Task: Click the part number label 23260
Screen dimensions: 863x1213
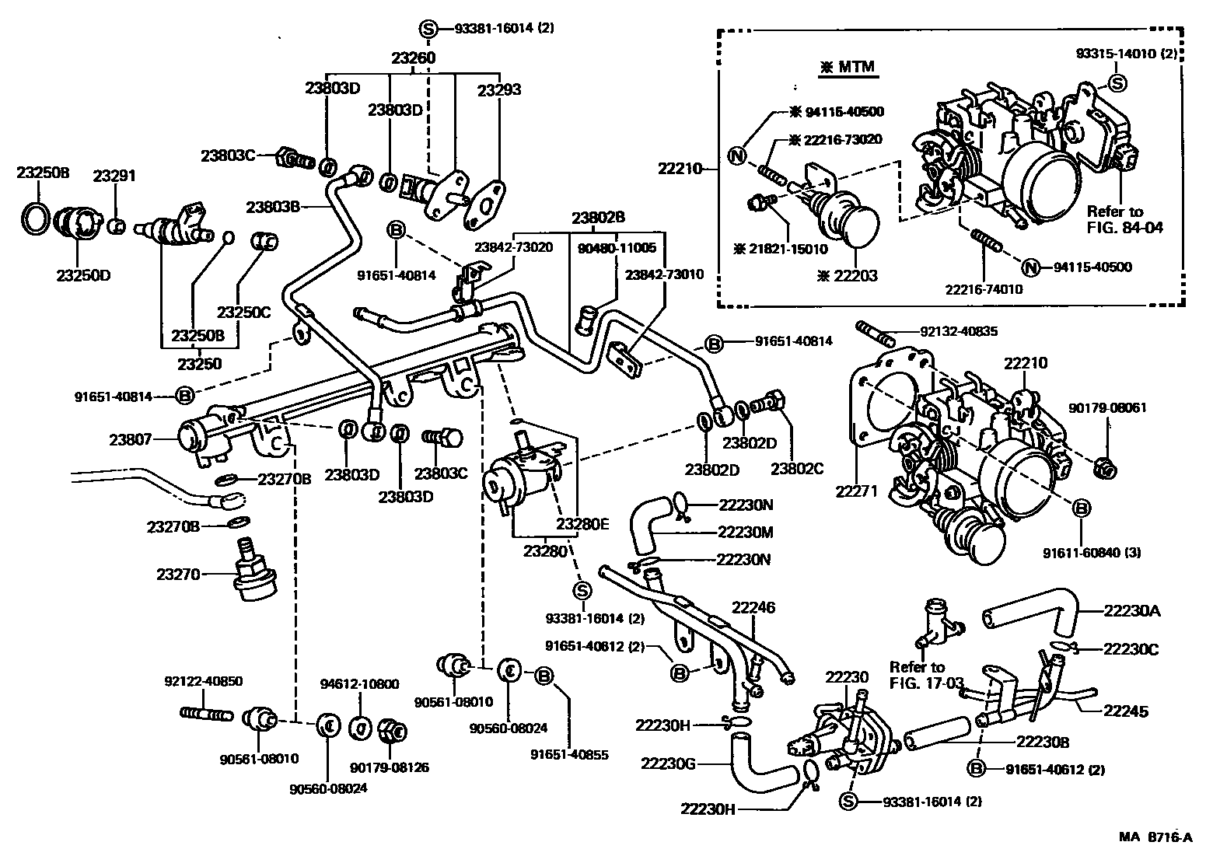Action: click(413, 58)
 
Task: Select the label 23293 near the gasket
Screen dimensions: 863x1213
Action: click(498, 89)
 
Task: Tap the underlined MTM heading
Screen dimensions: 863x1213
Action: click(848, 68)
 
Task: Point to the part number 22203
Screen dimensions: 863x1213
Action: click(849, 276)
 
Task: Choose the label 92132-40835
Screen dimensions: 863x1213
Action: click(959, 331)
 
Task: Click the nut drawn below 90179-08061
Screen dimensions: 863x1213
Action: click(1103, 468)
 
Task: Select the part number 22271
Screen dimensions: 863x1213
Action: click(856, 491)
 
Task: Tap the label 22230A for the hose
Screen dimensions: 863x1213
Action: click(1131, 610)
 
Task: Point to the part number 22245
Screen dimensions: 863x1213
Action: click(1125, 711)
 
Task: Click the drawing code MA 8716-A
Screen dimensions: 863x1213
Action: click(1155, 837)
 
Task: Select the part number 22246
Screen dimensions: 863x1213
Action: click(753, 607)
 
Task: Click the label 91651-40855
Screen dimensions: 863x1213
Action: click(569, 753)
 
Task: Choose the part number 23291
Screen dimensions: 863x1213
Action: click(114, 176)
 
